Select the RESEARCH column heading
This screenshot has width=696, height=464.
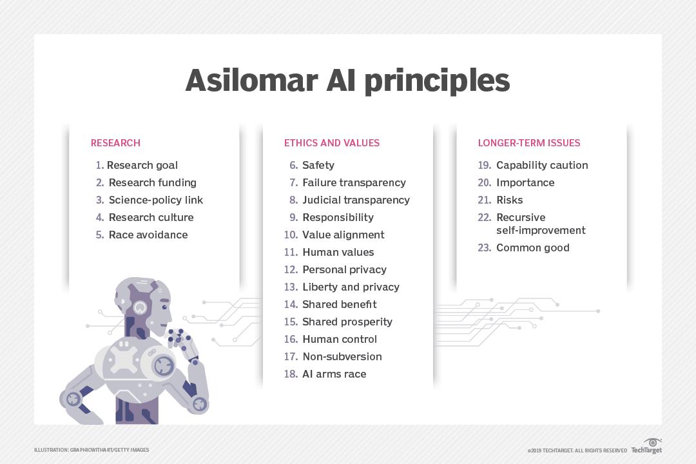115,143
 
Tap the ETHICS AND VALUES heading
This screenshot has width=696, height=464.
332,143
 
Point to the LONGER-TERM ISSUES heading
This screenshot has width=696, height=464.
529,143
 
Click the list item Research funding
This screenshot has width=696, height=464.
152,183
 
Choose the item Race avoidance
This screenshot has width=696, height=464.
148,235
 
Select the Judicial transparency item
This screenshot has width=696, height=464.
356,200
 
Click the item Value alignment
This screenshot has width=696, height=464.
343,235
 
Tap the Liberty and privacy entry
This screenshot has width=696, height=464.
351,287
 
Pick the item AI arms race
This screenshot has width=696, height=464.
334,374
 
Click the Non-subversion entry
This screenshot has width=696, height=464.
342,357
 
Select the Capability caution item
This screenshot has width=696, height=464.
542,166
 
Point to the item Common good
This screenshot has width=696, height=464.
532,248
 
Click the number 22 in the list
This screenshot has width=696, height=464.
484,218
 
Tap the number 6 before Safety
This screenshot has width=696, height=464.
293,166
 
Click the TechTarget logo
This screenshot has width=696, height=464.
646,447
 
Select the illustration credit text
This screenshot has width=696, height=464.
92,450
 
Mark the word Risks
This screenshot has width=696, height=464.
509,200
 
